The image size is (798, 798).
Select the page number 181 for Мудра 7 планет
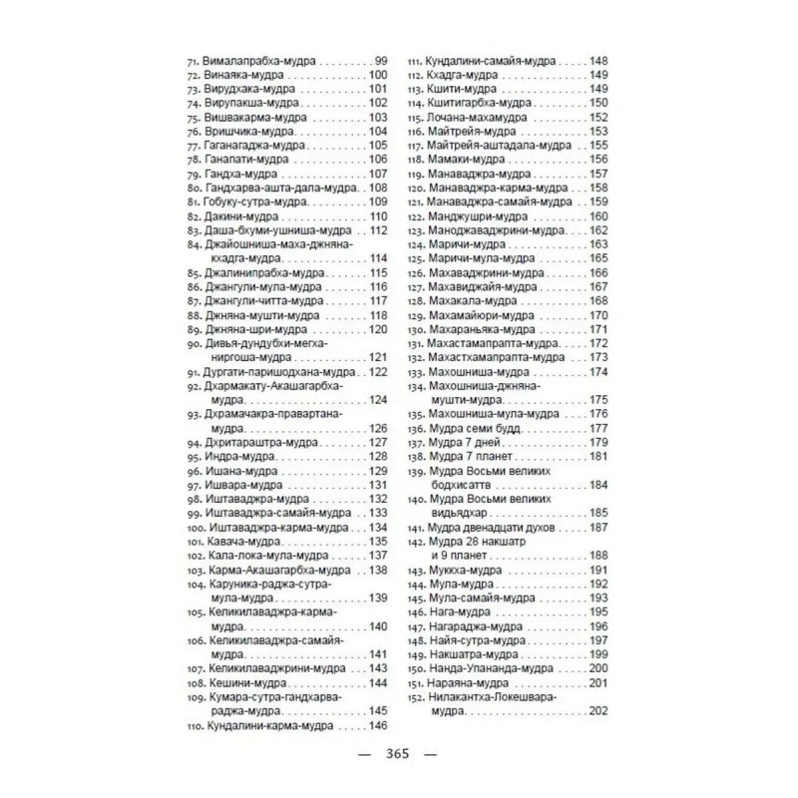(598, 456)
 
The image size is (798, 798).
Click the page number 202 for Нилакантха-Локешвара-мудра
(598, 710)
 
